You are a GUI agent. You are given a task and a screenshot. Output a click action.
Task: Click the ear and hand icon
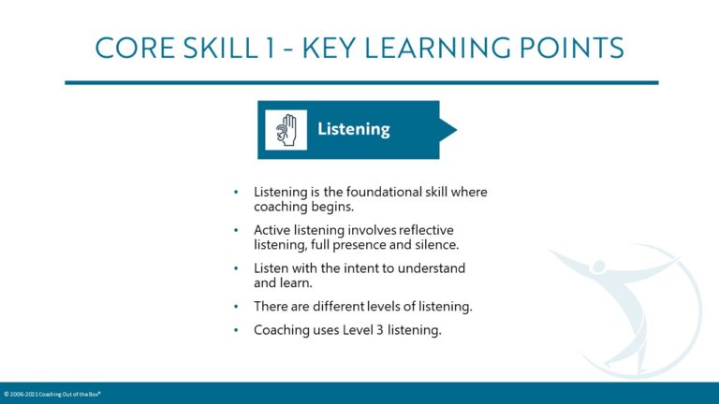click(286, 130)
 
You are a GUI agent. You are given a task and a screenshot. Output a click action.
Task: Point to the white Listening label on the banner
click(353, 129)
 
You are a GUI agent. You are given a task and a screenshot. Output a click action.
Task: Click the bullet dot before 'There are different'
click(237, 306)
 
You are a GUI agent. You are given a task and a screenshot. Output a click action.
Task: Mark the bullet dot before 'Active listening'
click(237, 230)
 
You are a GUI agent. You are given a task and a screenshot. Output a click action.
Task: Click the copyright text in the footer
click(51, 394)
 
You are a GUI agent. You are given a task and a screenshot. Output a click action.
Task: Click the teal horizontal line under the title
click(360, 82)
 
